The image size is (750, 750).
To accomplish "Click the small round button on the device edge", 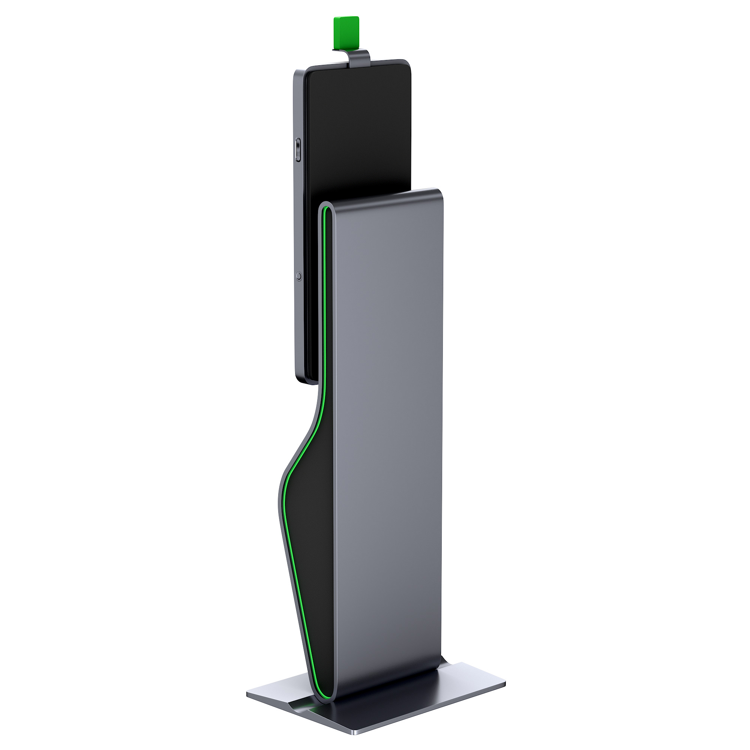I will [298, 276].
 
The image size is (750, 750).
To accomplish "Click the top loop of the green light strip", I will [325, 210].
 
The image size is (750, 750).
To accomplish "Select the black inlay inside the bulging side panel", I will [310, 524].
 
